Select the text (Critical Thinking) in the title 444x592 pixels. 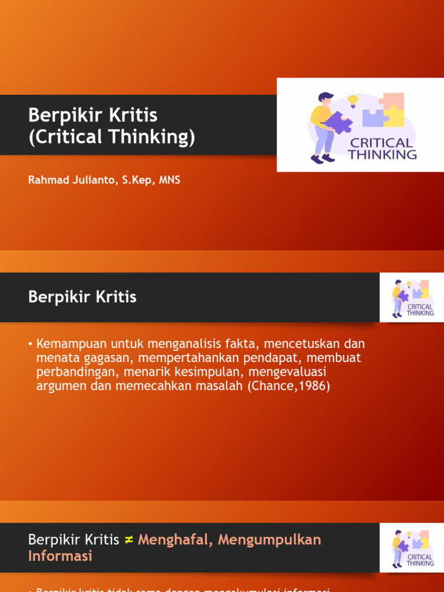[112, 138]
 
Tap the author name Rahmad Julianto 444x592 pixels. [70, 180]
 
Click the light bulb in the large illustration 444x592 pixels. [353, 100]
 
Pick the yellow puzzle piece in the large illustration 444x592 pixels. [394, 117]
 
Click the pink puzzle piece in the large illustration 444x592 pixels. [394, 101]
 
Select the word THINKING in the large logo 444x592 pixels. [382, 154]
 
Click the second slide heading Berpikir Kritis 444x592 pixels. [82, 297]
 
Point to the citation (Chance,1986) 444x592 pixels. [288, 386]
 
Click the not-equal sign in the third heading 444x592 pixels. [129, 540]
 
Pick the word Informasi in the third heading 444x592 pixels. [60, 556]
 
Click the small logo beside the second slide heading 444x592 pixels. [412, 298]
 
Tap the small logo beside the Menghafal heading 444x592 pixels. [412, 548]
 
